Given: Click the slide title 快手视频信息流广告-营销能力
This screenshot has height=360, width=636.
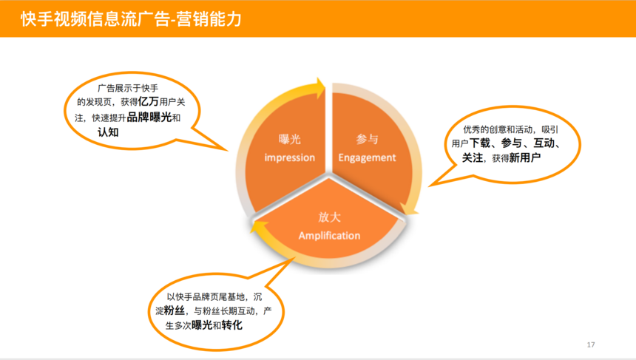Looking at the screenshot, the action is tap(131, 19).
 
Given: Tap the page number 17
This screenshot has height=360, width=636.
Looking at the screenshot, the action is tap(591, 344).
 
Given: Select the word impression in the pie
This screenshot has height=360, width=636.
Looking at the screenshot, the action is tap(290, 157).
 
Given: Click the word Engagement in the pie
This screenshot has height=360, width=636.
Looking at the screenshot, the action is tap(367, 157).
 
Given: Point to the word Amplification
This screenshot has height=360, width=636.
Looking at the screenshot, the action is tap(329, 236).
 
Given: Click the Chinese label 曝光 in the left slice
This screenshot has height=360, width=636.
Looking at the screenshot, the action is tap(290, 140).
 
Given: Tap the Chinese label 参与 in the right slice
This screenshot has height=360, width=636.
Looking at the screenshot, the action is tap(367, 140).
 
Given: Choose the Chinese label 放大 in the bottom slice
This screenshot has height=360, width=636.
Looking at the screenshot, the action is tap(329, 217).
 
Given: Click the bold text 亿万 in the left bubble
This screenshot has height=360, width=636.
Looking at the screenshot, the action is tap(148, 101).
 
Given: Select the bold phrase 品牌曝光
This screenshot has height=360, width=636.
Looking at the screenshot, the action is tap(149, 117).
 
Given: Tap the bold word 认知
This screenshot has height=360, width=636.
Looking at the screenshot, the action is tap(108, 132).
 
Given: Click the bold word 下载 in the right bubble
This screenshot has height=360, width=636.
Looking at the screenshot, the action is tap(480, 143).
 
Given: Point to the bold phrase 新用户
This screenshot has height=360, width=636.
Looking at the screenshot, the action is tap(525, 157).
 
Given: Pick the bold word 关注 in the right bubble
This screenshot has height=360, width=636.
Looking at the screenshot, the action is tap(473, 157).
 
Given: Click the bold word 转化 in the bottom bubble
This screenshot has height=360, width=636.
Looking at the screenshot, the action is tap(232, 325).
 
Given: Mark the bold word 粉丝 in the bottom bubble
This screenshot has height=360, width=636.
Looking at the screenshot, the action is tap(175, 310).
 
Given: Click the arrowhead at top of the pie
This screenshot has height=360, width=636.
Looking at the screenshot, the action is tap(320, 88).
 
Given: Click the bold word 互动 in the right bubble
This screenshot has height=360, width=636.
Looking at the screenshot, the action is tap(544, 143).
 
